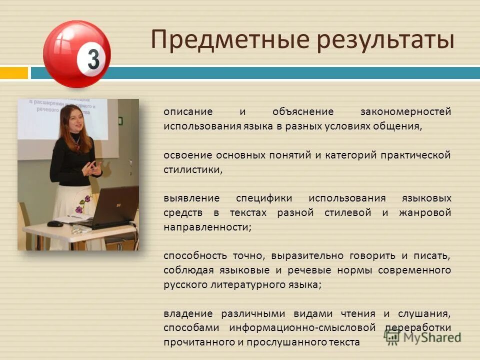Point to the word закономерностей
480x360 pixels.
tap(405, 111)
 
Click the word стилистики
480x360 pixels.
tap(192, 169)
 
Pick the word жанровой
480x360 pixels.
tap(425, 212)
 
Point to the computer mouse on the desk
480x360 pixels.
tap(55, 223)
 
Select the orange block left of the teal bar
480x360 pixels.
tap(13, 73)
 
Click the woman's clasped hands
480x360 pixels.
tap(92, 169)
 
